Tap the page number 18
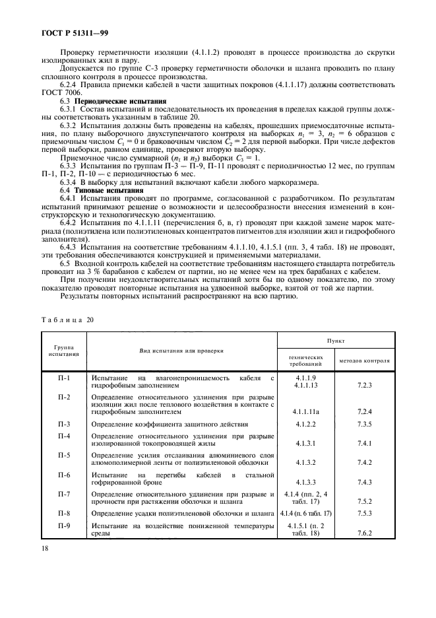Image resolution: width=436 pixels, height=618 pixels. [x=44, y=547]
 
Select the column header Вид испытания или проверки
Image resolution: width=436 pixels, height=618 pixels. [x=181, y=351]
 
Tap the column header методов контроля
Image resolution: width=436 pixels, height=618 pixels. [x=365, y=361]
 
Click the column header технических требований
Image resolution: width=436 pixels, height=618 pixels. [x=306, y=361]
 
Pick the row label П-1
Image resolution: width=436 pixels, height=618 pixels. [x=63, y=377]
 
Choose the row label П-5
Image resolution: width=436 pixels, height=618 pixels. [x=63, y=455]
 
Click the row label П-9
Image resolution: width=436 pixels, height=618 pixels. [x=63, y=526]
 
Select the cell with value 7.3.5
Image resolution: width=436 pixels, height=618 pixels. [x=365, y=424]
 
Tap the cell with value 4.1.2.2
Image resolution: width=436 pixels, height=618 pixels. [x=306, y=424]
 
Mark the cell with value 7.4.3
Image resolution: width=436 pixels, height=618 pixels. [x=365, y=483]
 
